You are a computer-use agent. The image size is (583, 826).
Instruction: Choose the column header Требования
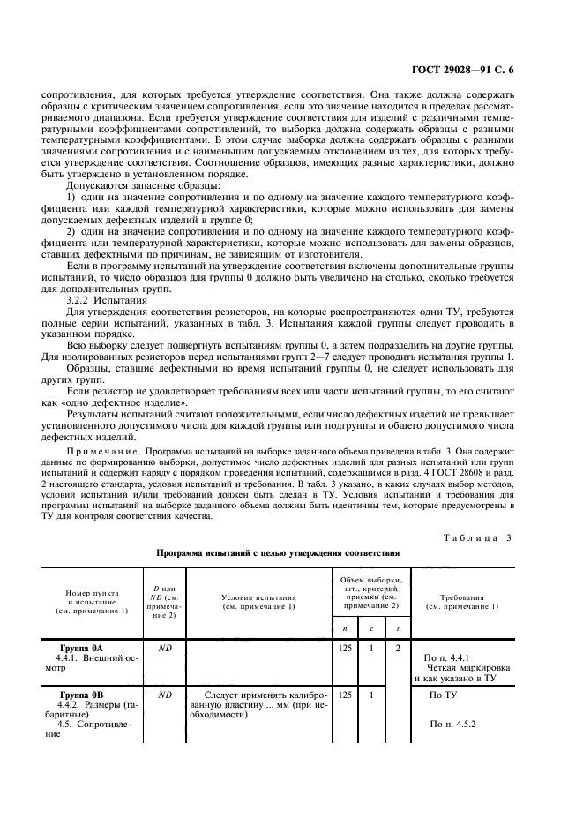click(462, 602)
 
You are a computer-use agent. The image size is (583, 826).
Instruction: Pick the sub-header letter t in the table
click(397, 628)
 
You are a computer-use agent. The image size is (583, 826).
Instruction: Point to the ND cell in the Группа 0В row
click(164, 695)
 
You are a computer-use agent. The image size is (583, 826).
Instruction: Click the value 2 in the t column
click(397, 648)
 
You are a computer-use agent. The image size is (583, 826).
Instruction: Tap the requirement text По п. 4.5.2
click(452, 725)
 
